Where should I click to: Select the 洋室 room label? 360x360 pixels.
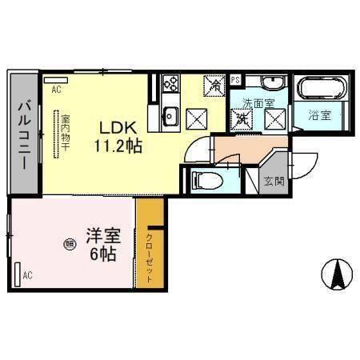click(103, 238)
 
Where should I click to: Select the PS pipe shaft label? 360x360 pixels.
click(235, 80)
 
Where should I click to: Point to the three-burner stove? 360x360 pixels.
click(170, 83)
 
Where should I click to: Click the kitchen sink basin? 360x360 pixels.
click(170, 115)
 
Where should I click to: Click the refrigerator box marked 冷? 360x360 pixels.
click(214, 84)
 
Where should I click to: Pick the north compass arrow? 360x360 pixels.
click(338, 275)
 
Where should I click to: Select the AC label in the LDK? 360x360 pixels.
click(56, 90)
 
